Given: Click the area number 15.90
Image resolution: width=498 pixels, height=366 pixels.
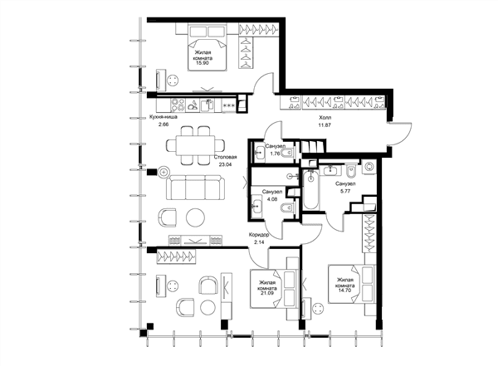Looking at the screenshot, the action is (x=203, y=63).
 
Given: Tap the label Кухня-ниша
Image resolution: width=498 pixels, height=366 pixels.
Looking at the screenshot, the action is (x=164, y=116).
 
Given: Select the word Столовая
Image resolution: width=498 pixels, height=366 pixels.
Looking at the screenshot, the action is (x=225, y=157).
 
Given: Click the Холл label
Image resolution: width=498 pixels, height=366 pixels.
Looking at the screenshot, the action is (x=325, y=118).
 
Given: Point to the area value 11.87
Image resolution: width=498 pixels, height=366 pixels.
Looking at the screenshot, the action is (x=325, y=125).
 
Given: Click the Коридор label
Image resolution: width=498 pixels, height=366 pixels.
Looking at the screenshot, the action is (x=259, y=235).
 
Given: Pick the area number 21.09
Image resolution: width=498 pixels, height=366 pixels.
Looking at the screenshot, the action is (x=266, y=294).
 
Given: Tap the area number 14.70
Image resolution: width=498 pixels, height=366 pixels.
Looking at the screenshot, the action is (x=345, y=290).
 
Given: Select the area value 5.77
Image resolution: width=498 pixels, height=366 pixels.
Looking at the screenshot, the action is (x=345, y=191).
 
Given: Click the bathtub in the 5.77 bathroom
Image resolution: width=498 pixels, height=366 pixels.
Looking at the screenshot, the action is (x=310, y=190).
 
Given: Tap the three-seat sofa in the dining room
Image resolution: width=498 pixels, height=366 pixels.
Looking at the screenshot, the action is (x=195, y=187).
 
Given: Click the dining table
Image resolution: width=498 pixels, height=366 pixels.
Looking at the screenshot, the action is (x=195, y=145).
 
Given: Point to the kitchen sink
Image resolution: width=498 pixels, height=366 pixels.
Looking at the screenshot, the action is (x=207, y=105).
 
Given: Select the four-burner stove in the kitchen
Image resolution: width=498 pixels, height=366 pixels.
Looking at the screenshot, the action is (x=178, y=105).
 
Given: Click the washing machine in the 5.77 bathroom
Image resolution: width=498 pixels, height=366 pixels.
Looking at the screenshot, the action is (x=369, y=166).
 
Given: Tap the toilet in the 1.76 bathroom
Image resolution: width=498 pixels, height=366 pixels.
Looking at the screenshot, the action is (x=288, y=153).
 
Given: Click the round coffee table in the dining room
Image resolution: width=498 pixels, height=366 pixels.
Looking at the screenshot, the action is (x=195, y=217).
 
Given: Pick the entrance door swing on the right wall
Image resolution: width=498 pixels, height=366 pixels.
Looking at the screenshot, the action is (x=402, y=134).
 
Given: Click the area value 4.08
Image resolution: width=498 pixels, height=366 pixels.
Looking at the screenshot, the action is (x=272, y=199).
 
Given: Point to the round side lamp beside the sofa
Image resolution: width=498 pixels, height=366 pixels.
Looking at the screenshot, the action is (x=164, y=172).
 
